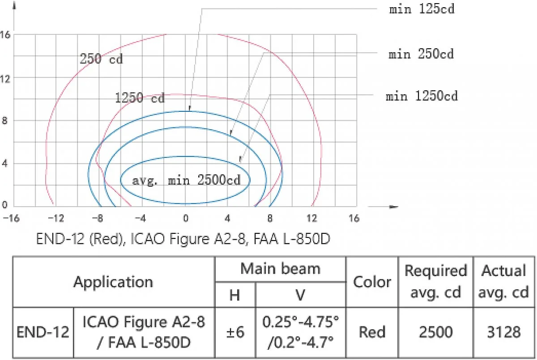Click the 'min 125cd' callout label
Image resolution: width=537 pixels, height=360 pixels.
422,9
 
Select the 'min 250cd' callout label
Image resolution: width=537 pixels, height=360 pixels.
421,54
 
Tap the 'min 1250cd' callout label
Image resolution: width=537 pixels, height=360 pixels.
422,96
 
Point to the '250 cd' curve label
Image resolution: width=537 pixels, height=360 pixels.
101,59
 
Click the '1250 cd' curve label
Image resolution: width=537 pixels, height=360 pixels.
140,98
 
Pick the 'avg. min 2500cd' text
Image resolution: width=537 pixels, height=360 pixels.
186,180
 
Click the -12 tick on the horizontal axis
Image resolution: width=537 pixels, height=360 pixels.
56,218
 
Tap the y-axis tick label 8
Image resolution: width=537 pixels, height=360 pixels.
4,121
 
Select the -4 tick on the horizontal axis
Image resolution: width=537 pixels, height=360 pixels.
141,218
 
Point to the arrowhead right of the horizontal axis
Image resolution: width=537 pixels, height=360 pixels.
393,207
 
